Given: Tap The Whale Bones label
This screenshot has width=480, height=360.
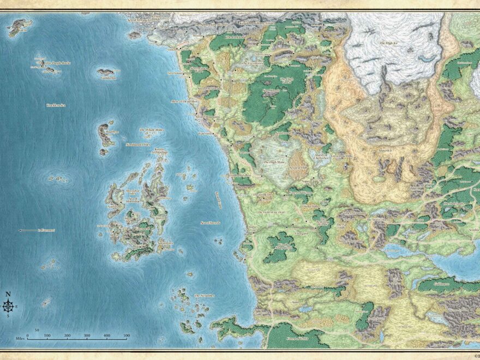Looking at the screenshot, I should pyautogui.click(x=151, y=130).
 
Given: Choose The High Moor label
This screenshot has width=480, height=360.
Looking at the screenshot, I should pyautogui.click(x=274, y=162).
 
